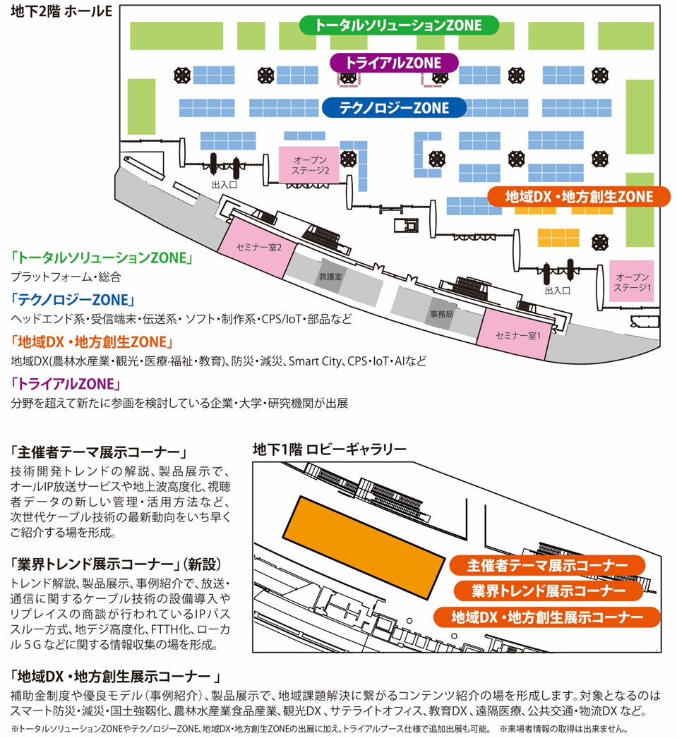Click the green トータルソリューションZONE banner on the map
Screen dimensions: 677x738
398,25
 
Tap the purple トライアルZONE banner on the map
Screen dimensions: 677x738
395,63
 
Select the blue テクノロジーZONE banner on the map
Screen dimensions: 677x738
394,108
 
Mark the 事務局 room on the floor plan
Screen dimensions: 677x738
441,312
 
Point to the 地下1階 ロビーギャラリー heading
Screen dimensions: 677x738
329,449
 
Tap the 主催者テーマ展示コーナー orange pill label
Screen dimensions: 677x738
547,566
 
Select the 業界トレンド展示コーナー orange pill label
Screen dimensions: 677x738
549,591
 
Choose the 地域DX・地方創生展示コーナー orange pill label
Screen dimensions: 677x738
547,617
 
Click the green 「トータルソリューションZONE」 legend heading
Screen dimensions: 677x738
102,258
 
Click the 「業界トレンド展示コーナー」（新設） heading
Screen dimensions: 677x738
116,564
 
